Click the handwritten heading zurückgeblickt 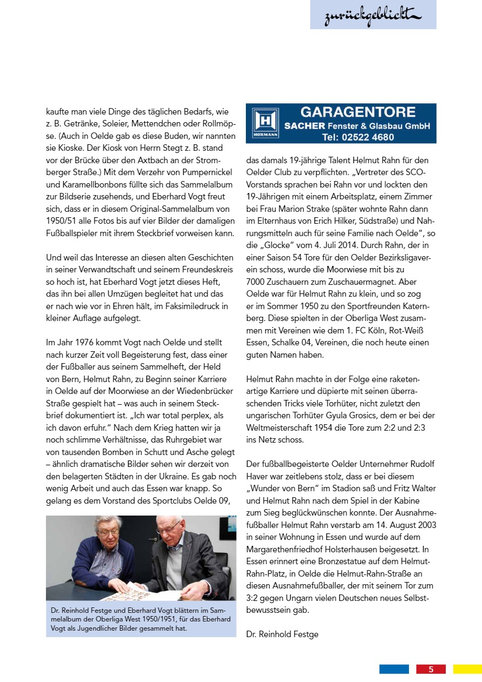pos(372,16)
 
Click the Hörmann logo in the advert pos(265,123)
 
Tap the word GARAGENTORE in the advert pos(358,112)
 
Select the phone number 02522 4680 pos(367,137)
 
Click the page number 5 pos(431,669)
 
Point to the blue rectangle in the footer pos(394,669)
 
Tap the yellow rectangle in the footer pos(467,669)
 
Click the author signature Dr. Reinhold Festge pos(282,634)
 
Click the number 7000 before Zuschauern pos(256,282)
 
